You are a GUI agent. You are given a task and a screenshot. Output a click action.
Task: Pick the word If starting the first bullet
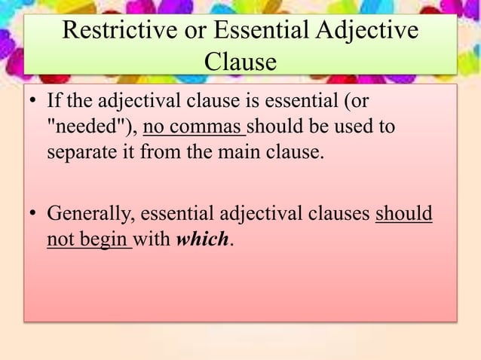[55, 102]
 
